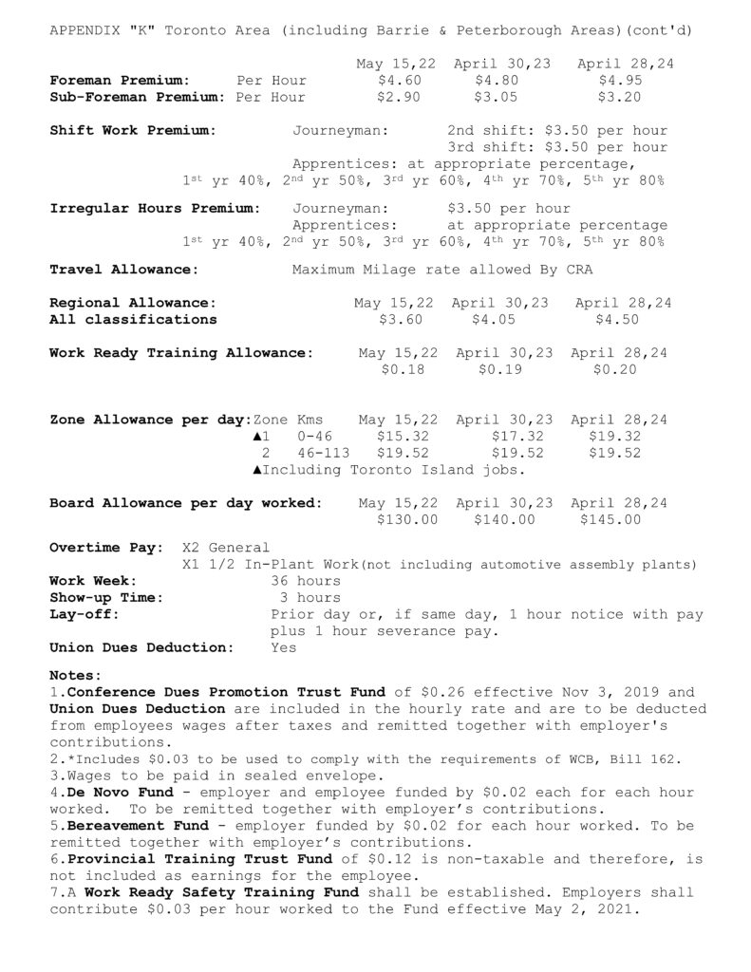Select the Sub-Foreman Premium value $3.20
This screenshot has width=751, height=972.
(619, 97)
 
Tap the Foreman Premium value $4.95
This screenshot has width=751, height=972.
(619, 81)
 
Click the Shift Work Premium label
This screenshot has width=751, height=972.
(132, 130)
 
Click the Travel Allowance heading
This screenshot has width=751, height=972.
(123, 270)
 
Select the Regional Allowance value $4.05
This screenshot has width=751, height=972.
(492, 320)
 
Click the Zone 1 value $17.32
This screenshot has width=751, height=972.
(516, 436)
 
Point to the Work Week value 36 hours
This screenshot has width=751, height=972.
(306, 580)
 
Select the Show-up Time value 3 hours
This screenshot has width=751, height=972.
(310, 597)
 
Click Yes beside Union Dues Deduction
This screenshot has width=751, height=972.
(283, 647)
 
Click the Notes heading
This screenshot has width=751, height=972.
(72, 675)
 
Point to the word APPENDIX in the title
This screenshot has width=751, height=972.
(84, 31)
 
